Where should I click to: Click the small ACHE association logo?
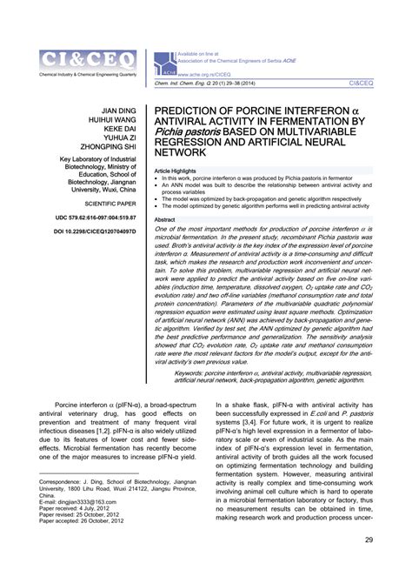click(x=163, y=63)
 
